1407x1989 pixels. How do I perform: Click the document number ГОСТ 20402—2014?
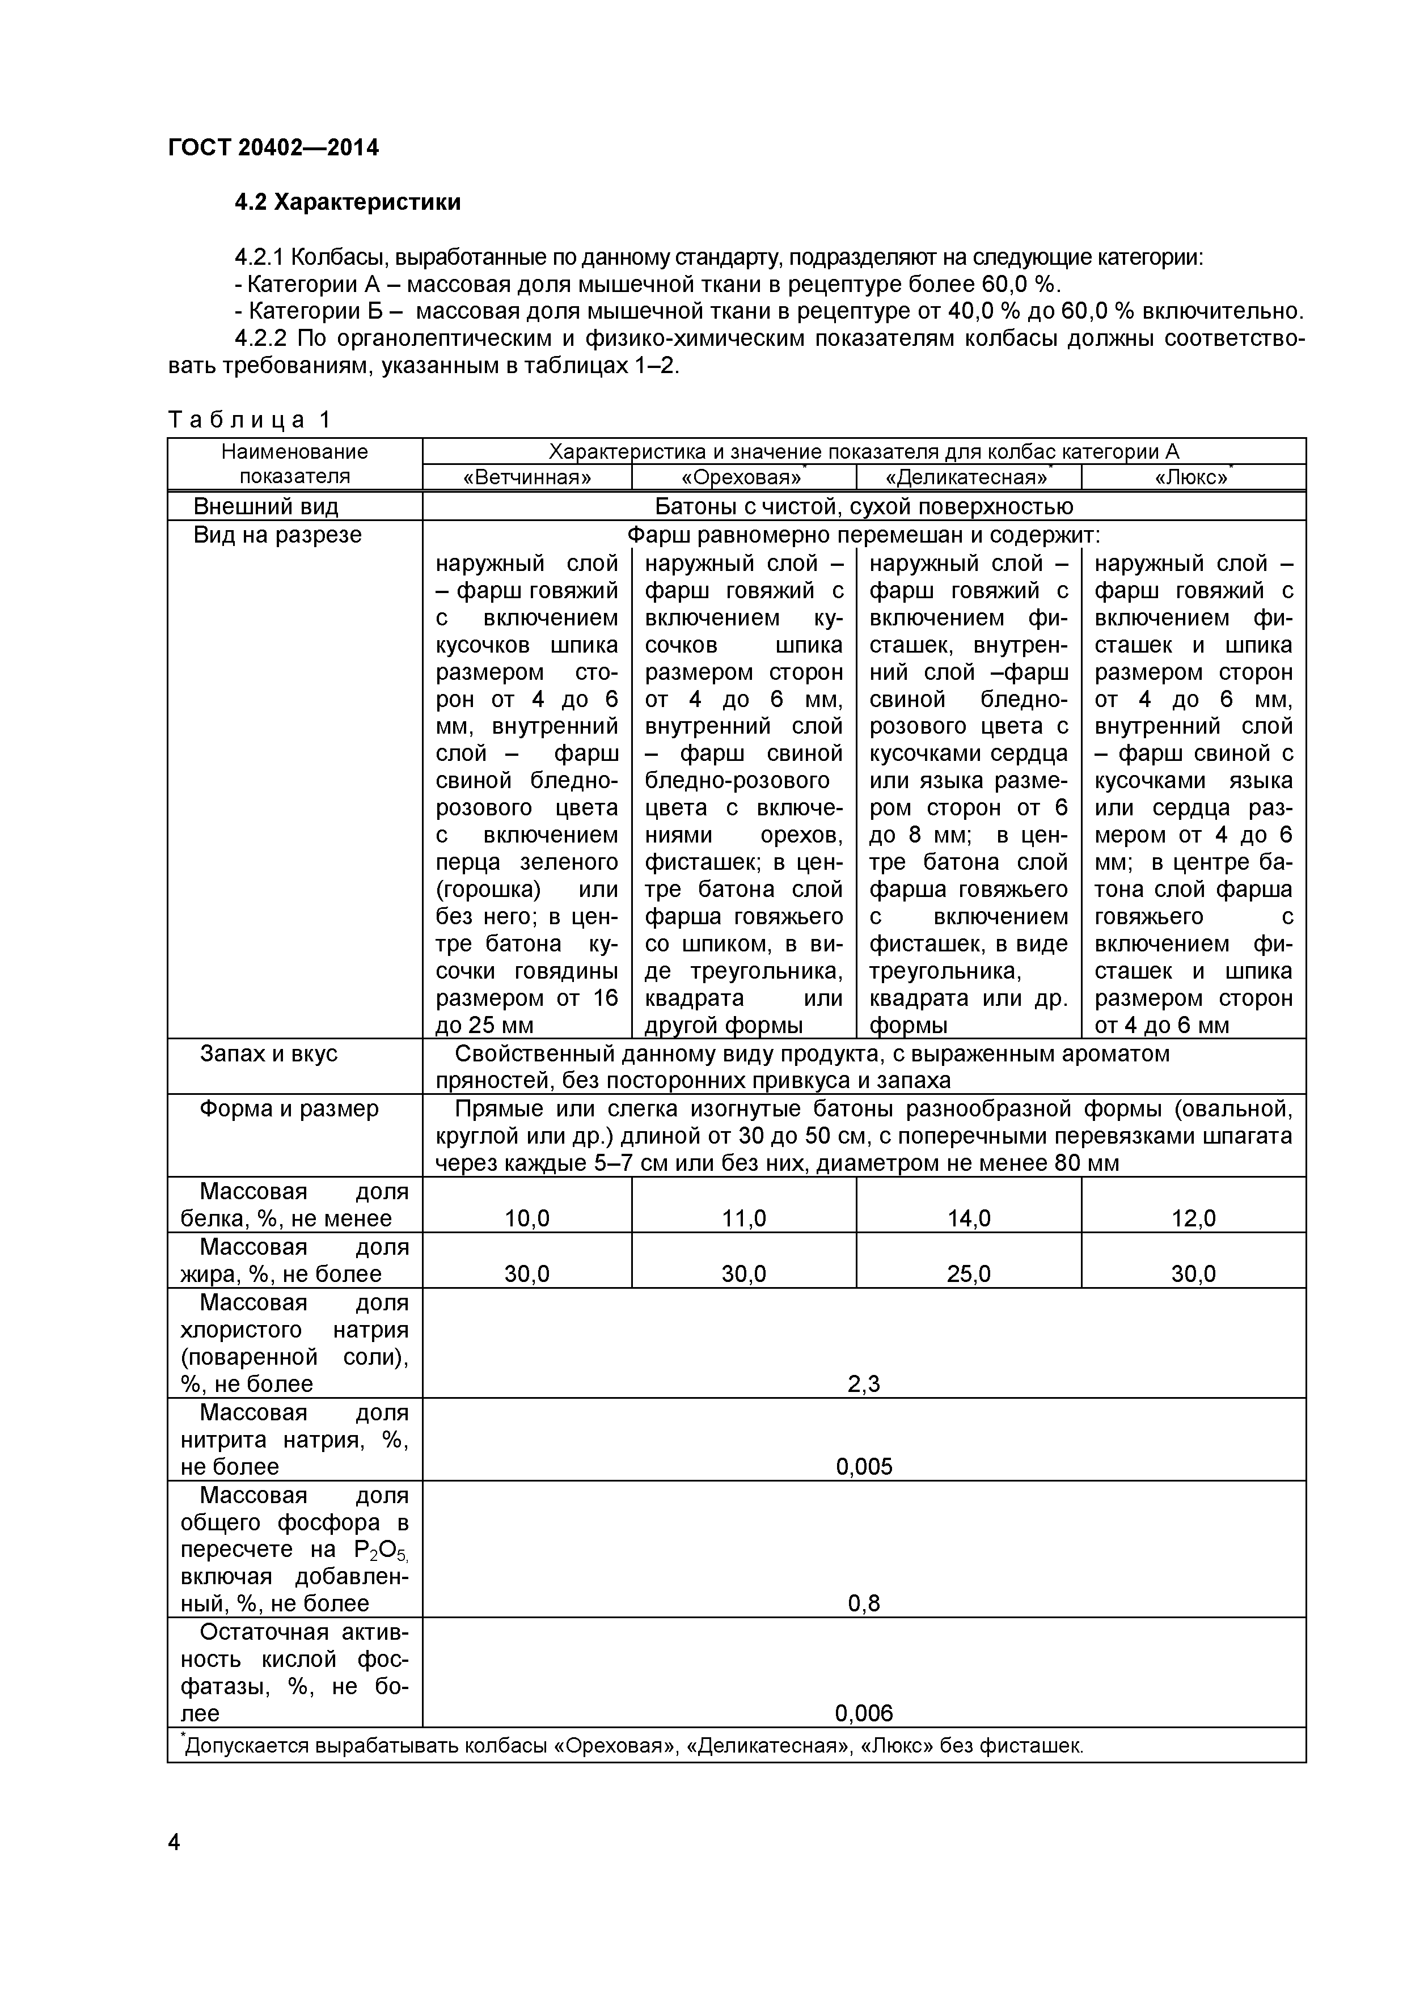point(273,147)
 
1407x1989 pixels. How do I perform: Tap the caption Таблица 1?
point(250,420)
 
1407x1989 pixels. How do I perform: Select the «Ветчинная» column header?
point(527,477)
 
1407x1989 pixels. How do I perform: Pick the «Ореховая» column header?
point(742,477)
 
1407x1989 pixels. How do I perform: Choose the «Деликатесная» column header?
point(966,477)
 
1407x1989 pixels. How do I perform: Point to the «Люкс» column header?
point(1191,477)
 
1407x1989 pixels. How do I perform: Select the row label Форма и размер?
point(289,1109)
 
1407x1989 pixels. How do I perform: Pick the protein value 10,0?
point(527,1219)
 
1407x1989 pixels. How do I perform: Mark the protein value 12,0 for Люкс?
point(1193,1219)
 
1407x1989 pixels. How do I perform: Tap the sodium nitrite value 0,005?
point(864,1467)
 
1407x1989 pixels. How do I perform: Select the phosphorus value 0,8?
point(864,1603)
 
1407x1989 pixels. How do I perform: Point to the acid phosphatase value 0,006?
point(864,1713)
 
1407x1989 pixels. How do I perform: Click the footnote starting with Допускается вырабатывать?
point(632,1746)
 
